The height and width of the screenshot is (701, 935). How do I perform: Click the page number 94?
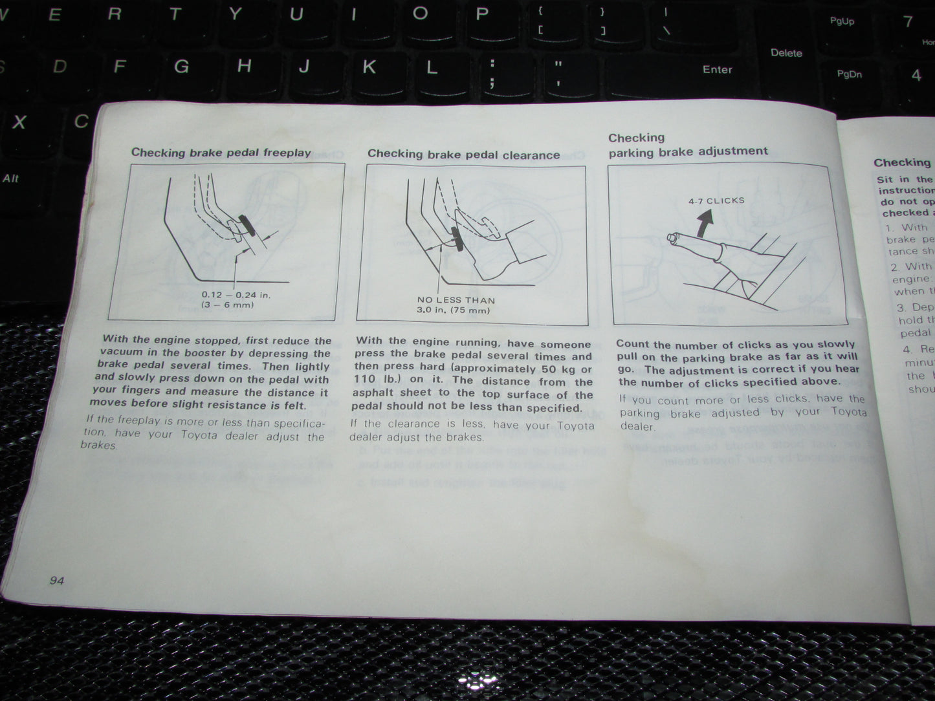click(x=57, y=580)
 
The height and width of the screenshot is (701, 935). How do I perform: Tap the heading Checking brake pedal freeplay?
click(x=221, y=153)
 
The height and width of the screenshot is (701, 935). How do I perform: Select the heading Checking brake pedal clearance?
click(x=463, y=155)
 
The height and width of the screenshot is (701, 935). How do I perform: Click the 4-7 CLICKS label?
click(x=716, y=200)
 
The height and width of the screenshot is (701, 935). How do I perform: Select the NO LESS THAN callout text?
click(x=456, y=300)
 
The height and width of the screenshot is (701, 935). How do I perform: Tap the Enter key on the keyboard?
click(x=717, y=70)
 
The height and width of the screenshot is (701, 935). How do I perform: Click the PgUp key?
click(x=842, y=21)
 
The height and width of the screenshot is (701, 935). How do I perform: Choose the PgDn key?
click(x=849, y=74)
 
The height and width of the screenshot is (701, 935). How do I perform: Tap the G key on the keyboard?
click(x=181, y=66)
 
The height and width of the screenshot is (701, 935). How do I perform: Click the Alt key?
click(x=10, y=178)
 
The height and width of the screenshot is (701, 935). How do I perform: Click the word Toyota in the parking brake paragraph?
click(x=848, y=411)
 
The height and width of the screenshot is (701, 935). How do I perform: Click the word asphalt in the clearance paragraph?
click(x=374, y=393)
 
